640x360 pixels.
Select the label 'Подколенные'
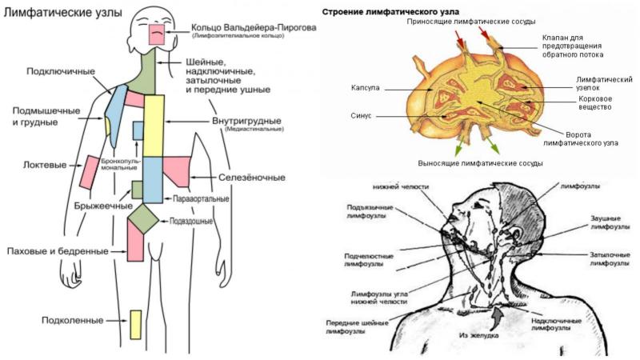click(x=73, y=321)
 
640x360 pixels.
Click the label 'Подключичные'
click(x=61, y=71)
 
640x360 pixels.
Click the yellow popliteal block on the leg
click(x=135, y=324)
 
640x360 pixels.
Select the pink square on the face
click(x=157, y=34)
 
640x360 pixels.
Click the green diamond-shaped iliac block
click(x=144, y=217)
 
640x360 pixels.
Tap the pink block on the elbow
click(x=89, y=171)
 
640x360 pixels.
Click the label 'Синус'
click(x=361, y=116)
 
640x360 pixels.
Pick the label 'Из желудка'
click(x=480, y=336)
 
